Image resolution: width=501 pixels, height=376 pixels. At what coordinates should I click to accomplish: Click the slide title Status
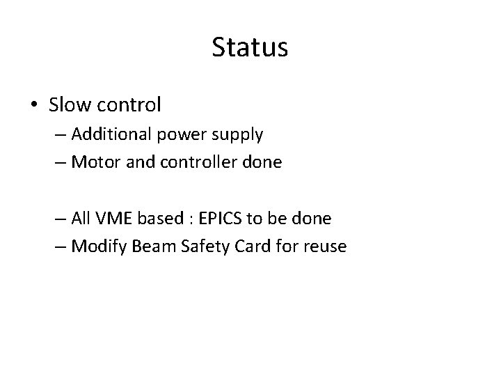pos(250,48)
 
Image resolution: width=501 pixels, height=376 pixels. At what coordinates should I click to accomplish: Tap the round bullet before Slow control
pos(34,106)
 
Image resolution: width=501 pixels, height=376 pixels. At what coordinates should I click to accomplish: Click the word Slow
pos(66,105)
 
